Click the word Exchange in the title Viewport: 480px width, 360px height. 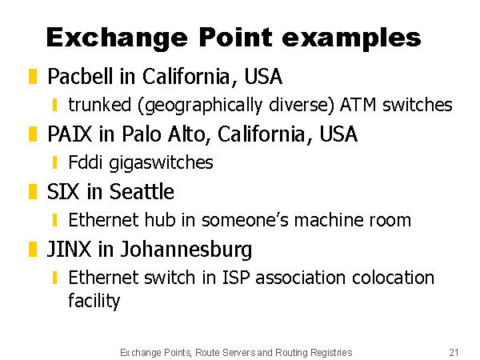click(x=117, y=38)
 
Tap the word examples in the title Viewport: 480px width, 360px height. click(x=351, y=39)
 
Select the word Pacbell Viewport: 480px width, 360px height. click(x=80, y=76)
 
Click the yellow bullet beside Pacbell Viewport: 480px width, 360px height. click(x=33, y=76)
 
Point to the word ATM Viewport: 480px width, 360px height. click(x=358, y=105)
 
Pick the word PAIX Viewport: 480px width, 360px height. click(x=70, y=134)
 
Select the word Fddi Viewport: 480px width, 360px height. click(x=85, y=162)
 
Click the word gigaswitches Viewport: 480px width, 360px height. click(x=161, y=163)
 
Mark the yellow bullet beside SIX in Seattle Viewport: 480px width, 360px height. click(x=33, y=192)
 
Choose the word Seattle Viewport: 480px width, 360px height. click(x=142, y=192)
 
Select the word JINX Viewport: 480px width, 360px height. click(x=69, y=249)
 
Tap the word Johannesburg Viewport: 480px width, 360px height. click(x=186, y=250)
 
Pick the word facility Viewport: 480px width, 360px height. click(x=94, y=301)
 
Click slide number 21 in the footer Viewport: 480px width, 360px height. click(x=454, y=352)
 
